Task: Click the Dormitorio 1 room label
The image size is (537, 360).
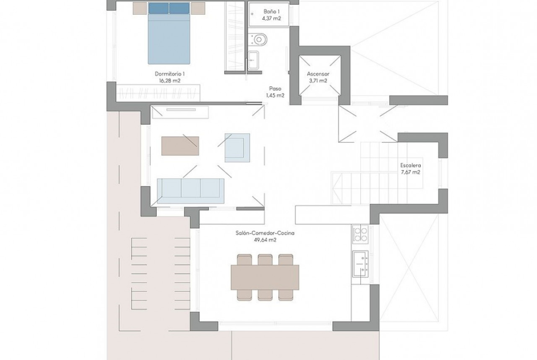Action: (x=169, y=74)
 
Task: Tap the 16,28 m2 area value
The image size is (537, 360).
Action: (x=169, y=81)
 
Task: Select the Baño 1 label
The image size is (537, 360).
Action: (x=271, y=11)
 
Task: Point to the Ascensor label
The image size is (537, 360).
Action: (x=318, y=74)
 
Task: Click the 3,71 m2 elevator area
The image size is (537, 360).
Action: (x=318, y=81)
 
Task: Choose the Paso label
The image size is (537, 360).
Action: (x=275, y=89)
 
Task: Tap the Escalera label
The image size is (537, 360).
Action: (x=411, y=166)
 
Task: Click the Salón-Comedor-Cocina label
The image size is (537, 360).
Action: (x=265, y=233)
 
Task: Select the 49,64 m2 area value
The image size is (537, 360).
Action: (x=265, y=240)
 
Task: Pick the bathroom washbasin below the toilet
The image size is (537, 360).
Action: (x=253, y=60)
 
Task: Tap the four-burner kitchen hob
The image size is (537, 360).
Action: (x=360, y=234)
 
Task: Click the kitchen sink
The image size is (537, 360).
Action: (x=360, y=264)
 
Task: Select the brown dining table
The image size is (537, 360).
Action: (x=265, y=277)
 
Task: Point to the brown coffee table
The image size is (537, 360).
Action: (x=180, y=146)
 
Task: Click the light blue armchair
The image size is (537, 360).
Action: (x=237, y=148)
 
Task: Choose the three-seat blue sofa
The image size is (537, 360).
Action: (x=190, y=191)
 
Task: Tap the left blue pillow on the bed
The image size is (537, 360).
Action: (x=158, y=8)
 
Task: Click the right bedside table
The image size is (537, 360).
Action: (x=198, y=8)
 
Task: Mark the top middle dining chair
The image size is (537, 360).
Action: (x=265, y=260)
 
